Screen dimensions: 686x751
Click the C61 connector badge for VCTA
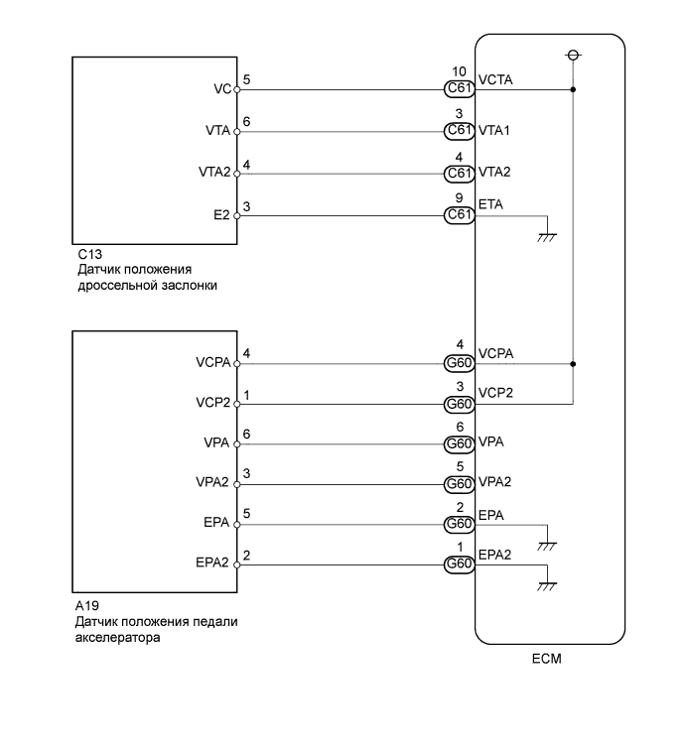click(459, 88)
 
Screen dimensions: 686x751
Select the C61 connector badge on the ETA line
click(459, 214)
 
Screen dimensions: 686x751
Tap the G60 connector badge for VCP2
click(459, 404)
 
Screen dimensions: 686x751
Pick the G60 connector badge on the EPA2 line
click(459, 563)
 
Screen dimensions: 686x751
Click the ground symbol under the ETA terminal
click(547, 237)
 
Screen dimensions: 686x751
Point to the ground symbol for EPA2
click(547, 586)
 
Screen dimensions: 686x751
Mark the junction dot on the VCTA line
click(573, 89)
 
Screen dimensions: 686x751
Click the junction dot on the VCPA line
click(573, 364)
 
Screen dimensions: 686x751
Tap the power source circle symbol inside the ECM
click(573, 56)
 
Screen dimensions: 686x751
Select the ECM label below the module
click(546, 659)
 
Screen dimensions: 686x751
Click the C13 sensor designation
click(89, 254)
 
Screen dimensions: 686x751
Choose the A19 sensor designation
click(87, 605)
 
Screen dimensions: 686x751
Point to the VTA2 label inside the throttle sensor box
click(214, 172)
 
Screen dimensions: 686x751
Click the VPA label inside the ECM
click(490, 441)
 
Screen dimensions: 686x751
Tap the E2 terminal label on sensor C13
click(221, 214)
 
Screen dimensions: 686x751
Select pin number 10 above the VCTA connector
click(459, 71)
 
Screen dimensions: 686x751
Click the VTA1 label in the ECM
click(493, 130)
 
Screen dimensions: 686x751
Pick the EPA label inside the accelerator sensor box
click(216, 522)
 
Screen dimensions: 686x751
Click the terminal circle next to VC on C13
click(236, 89)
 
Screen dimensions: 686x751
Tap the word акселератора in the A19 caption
click(117, 638)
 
